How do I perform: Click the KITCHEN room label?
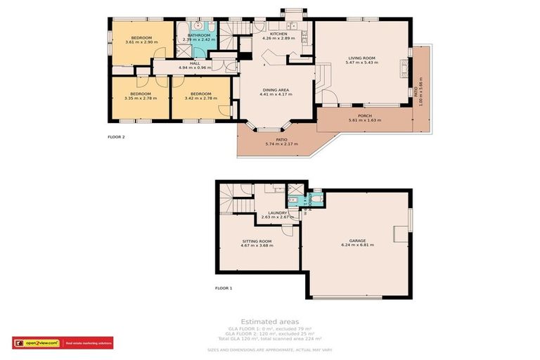pos(278,34)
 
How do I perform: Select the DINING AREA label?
pos(276,90)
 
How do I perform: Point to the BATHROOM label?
pos(198,35)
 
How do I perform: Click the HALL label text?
pos(195,63)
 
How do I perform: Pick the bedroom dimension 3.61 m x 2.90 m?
pos(141,42)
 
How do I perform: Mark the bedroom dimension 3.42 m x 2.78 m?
pos(201,98)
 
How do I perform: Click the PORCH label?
pos(364,116)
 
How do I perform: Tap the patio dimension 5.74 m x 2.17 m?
pos(281,144)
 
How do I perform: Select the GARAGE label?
pos(356,240)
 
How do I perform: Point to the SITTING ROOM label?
pos(257,241)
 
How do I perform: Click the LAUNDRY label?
pos(277,213)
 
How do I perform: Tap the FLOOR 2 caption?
pos(116,136)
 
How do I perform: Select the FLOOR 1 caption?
pos(224,288)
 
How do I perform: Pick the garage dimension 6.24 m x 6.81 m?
pos(356,245)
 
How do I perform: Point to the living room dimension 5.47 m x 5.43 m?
pos(362,63)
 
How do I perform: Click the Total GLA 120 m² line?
pos(269,339)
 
